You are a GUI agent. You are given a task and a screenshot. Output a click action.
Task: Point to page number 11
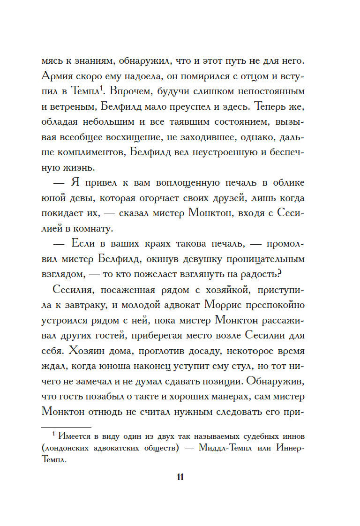180,477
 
